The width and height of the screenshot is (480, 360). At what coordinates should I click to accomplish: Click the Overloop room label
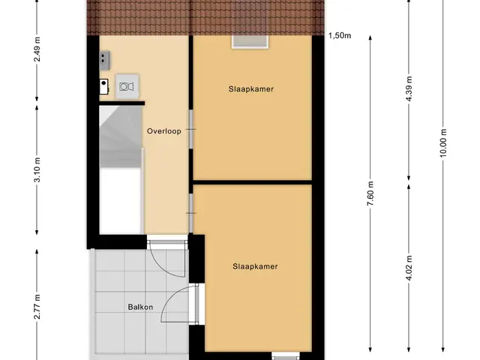click(163, 131)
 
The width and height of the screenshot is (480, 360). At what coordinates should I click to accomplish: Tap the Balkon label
click(140, 307)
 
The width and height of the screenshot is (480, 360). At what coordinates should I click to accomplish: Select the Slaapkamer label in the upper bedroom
click(251, 89)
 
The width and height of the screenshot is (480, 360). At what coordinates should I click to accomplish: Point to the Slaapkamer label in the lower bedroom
click(255, 266)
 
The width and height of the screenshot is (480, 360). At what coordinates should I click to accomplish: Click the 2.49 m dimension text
click(37, 49)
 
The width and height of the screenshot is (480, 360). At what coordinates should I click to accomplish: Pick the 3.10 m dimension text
click(37, 170)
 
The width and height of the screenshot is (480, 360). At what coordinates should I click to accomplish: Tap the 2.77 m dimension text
click(37, 307)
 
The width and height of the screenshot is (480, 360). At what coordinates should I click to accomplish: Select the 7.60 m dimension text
click(370, 193)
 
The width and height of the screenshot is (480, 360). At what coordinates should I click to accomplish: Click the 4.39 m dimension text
click(409, 88)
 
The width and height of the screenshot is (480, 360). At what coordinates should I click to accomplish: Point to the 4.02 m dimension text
click(409, 268)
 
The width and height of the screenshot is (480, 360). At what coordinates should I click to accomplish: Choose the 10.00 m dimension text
click(443, 143)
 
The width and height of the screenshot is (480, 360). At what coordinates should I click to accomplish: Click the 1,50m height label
click(340, 35)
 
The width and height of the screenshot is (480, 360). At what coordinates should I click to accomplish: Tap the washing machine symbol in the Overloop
click(127, 86)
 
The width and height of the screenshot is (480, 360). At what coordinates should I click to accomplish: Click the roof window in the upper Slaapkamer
click(250, 42)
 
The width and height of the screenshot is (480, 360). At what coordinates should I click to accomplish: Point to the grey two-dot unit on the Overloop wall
click(104, 60)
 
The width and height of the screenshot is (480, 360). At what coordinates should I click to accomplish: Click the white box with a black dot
click(103, 86)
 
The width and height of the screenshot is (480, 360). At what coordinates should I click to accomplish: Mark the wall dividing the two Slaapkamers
click(252, 183)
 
